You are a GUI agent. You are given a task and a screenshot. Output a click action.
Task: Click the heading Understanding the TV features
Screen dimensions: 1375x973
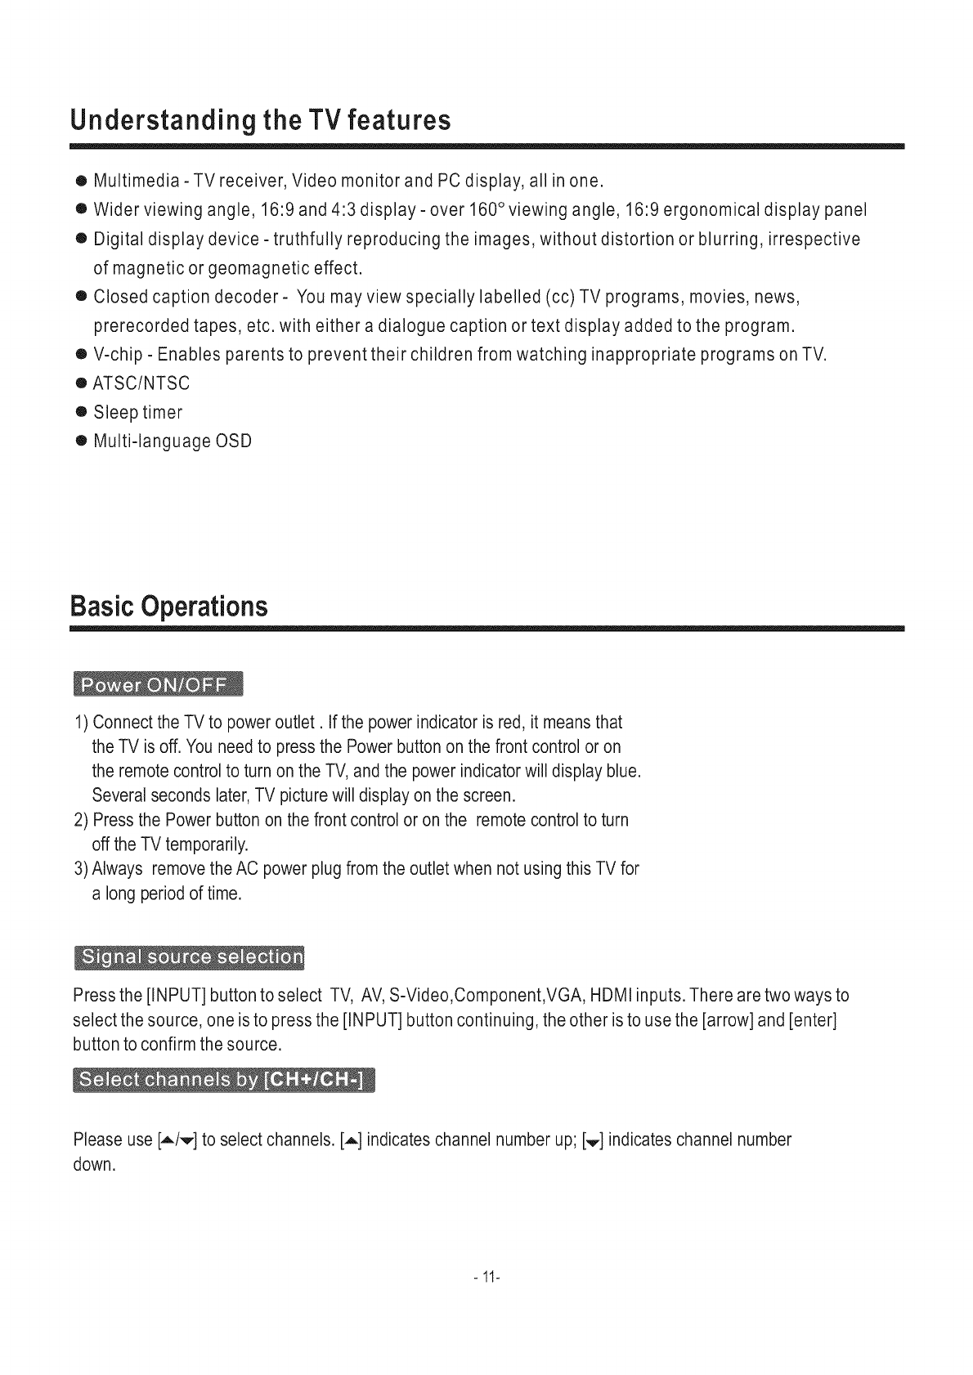(260, 121)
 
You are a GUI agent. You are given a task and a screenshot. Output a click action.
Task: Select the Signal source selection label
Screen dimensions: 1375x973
(189, 957)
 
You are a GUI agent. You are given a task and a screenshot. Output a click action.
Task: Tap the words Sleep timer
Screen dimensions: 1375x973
(137, 412)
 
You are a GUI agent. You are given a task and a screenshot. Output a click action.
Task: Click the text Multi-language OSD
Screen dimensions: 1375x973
(173, 441)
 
